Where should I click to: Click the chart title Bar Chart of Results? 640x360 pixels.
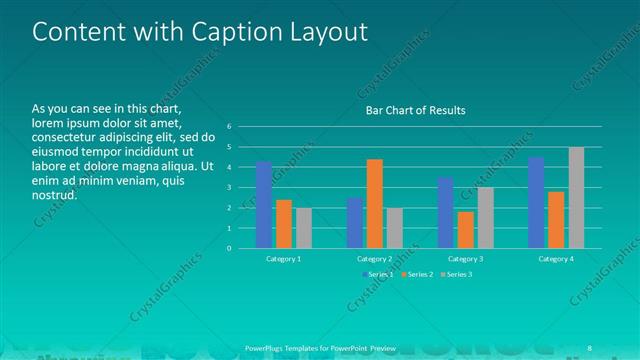pyautogui.click(x=415, y=110)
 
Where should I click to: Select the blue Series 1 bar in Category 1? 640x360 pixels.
pyautogui.click(x=264, y=205)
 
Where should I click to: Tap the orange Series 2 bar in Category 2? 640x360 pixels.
pyautogui.click(x=374, y=203)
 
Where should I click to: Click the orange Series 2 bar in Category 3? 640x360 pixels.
pyautogui.click(x=465, y=229)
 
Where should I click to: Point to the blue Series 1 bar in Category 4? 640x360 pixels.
pyautogui.click(x=536, y=202)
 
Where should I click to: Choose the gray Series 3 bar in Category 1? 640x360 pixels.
pyautogui.click(x=303, y=228)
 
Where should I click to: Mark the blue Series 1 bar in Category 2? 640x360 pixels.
pyautogui.click(x=355, y=223)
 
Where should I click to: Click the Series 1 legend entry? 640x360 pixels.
pyautogui.click(x=376, y=273)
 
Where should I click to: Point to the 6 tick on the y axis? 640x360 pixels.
pyautogui.click(x=229, y=127)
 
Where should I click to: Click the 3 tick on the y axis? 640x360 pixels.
pyautogui.click(x=229, y=188)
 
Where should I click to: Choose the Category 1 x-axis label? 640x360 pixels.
pyautogui.click(x=284, y=258)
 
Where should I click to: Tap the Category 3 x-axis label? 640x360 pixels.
pyautogui.click(x=466, y=258)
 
